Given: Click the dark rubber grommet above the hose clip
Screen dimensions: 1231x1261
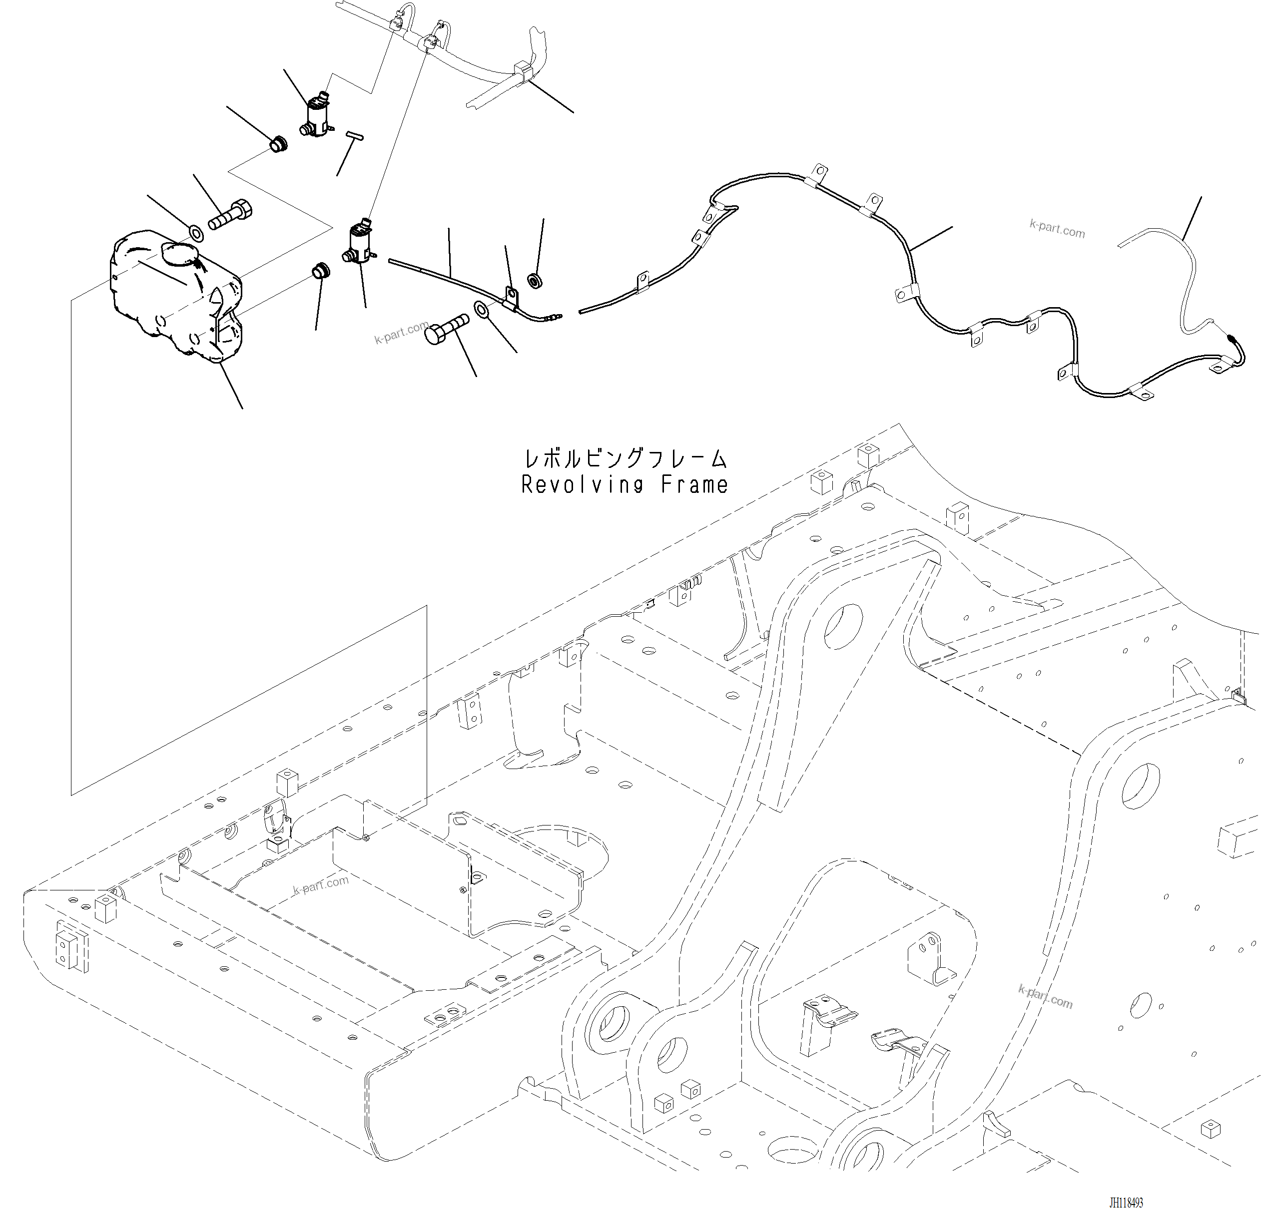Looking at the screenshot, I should point(535,281).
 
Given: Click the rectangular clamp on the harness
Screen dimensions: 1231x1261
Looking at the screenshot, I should point(523,73).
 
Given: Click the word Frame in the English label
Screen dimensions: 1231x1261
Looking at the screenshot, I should point(694,485).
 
